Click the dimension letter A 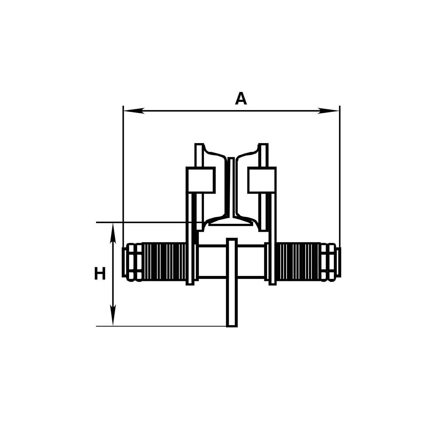click(241, 99)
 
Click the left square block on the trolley click(200, 180)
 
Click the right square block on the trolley click(262, 180)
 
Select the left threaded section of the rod click(164, 261)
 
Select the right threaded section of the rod click(299, 261)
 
